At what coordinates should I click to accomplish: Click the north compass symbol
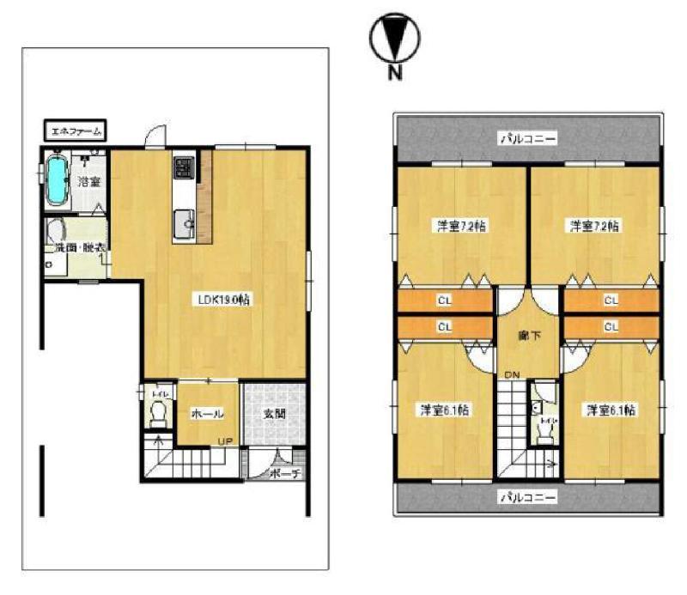pos(394,39)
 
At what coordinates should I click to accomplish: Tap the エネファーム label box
pos(75,131)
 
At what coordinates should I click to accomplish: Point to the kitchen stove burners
pos(184,166)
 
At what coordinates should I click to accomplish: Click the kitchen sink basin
pos(185,225)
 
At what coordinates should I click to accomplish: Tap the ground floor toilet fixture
pos(159,415)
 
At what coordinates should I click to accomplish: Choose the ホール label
pos(207,414)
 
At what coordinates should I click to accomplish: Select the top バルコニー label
pos(529,137)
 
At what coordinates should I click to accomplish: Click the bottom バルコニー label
pos(527,495)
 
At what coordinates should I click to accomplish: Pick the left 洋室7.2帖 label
pos(461,227)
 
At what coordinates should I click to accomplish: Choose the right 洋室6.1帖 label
pos(611,410)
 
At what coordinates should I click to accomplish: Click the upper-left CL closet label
pos(444,301)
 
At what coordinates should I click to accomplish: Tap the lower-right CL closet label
pos(611,326)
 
